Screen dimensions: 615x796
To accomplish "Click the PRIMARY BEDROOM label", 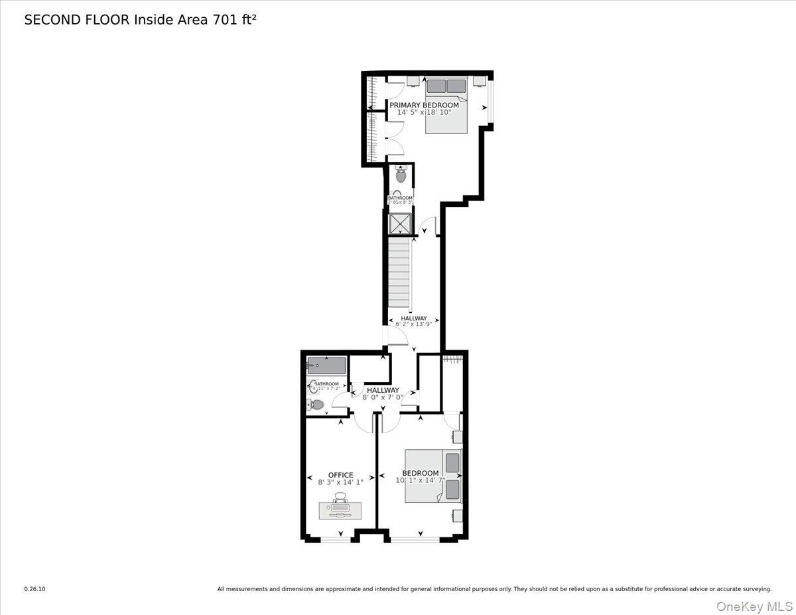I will pos(424,105).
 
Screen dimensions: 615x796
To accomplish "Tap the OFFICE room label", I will pos(340,475).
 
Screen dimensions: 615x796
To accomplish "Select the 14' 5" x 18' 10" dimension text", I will pos(424,113).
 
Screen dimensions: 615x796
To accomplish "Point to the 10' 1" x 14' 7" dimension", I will pos(420,480).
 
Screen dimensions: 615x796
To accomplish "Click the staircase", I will pos(399,272).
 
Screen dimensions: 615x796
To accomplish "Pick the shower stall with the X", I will pos(400,224).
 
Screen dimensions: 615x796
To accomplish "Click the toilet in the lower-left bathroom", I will pos(316,404).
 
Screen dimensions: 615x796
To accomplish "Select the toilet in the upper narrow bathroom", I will pos(401,176).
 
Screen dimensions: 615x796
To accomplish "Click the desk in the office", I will pos(340,510).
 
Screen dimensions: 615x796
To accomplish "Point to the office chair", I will pos(340,497).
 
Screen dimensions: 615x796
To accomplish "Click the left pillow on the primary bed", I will pos(436,86).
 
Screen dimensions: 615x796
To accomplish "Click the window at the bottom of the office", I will pos(336,540).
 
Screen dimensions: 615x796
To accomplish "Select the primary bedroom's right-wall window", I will pos(491,101).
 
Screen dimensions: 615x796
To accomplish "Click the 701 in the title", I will pos(224,20).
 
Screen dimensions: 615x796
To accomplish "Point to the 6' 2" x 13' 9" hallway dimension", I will pos(414,324).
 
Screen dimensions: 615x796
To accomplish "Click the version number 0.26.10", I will pos(35,588).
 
